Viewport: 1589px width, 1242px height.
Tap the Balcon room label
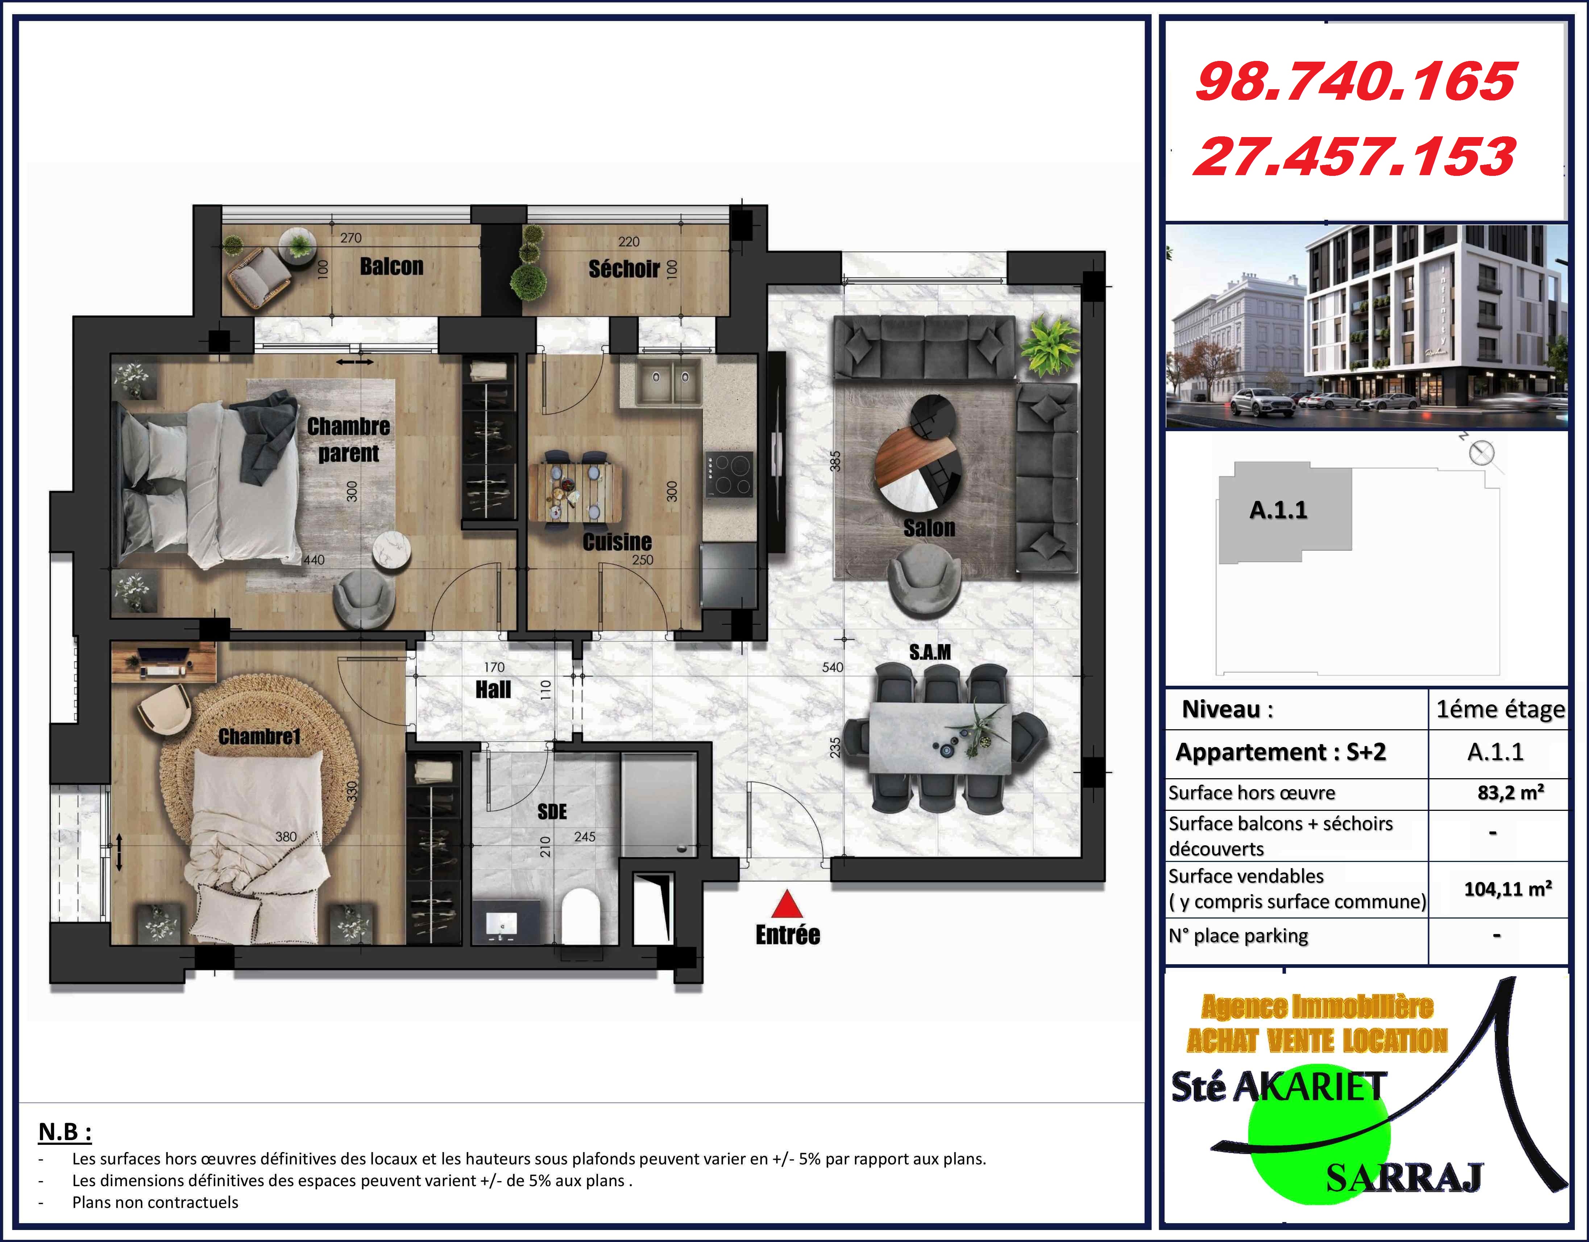(391, 267)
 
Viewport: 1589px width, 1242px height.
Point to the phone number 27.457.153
(1355, 157)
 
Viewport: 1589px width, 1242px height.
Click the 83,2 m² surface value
(1510, 792)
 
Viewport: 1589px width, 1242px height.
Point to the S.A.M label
(930, 652)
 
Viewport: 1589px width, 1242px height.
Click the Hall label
(493, 689)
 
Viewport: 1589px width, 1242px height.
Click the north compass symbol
(1482, 453)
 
